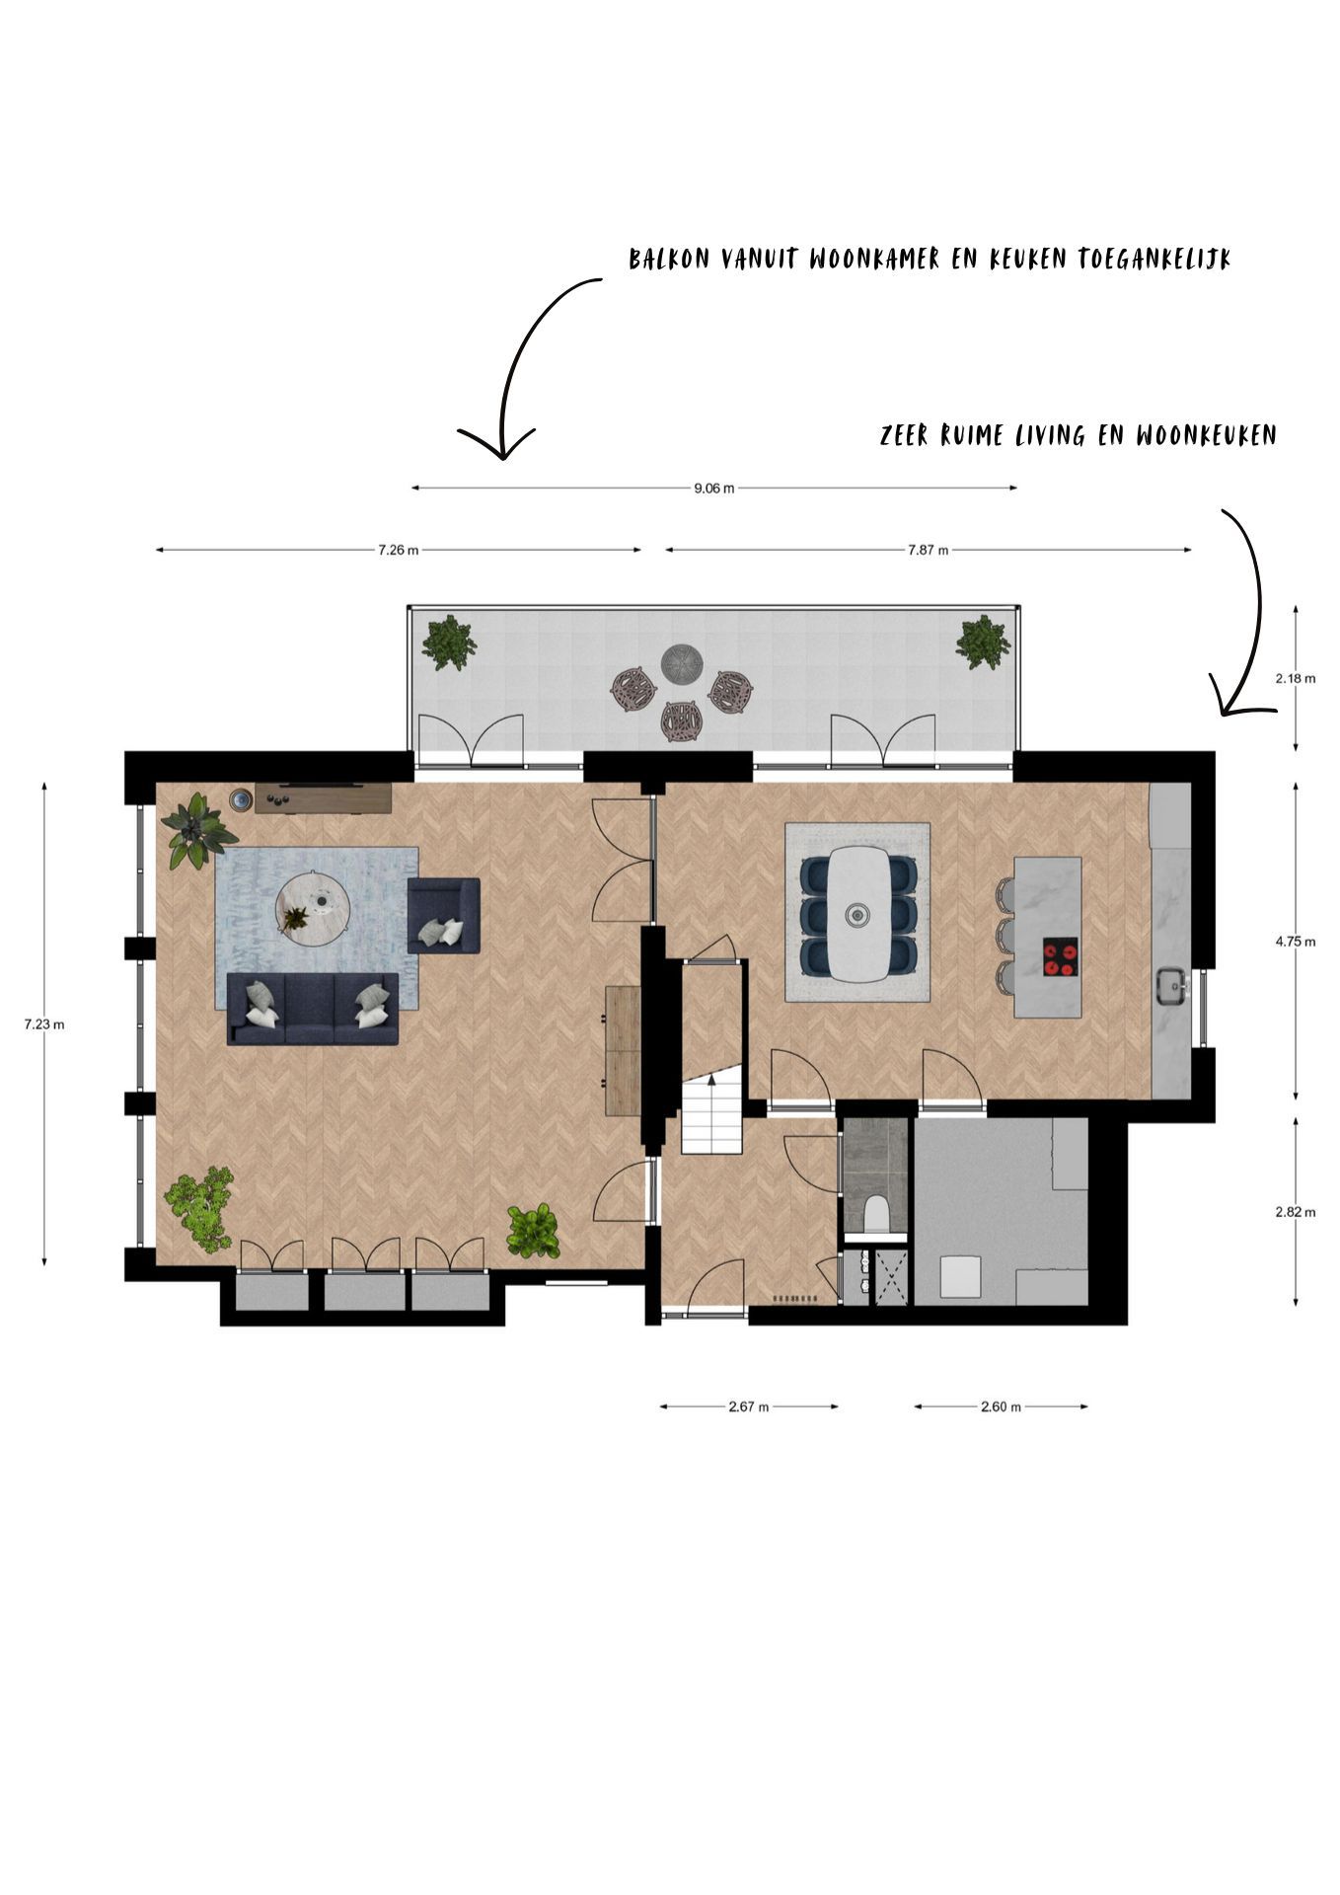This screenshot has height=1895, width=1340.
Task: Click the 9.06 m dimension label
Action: point(713,488)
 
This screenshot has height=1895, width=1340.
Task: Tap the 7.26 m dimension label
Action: point(398,550)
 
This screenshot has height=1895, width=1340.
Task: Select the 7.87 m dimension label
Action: point(928,550)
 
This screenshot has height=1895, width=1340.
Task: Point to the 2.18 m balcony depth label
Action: point(1295,678)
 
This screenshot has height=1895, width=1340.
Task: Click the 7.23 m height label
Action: point(44,1023)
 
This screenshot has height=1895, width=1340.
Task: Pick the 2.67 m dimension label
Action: point(748,1406)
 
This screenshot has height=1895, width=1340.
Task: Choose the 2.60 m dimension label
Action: point(1001,1406)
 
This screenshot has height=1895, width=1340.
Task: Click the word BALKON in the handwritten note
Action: point(671,260)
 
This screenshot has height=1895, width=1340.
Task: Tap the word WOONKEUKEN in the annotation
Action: point(1206,435)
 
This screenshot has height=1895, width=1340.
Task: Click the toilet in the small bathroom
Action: point(875,1213)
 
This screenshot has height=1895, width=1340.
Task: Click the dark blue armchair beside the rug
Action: point(444,915)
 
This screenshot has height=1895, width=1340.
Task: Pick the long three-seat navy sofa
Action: point(313,1009)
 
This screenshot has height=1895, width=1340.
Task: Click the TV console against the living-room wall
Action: point(324,797)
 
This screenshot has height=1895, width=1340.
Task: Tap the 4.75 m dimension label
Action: point(1295,942)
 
